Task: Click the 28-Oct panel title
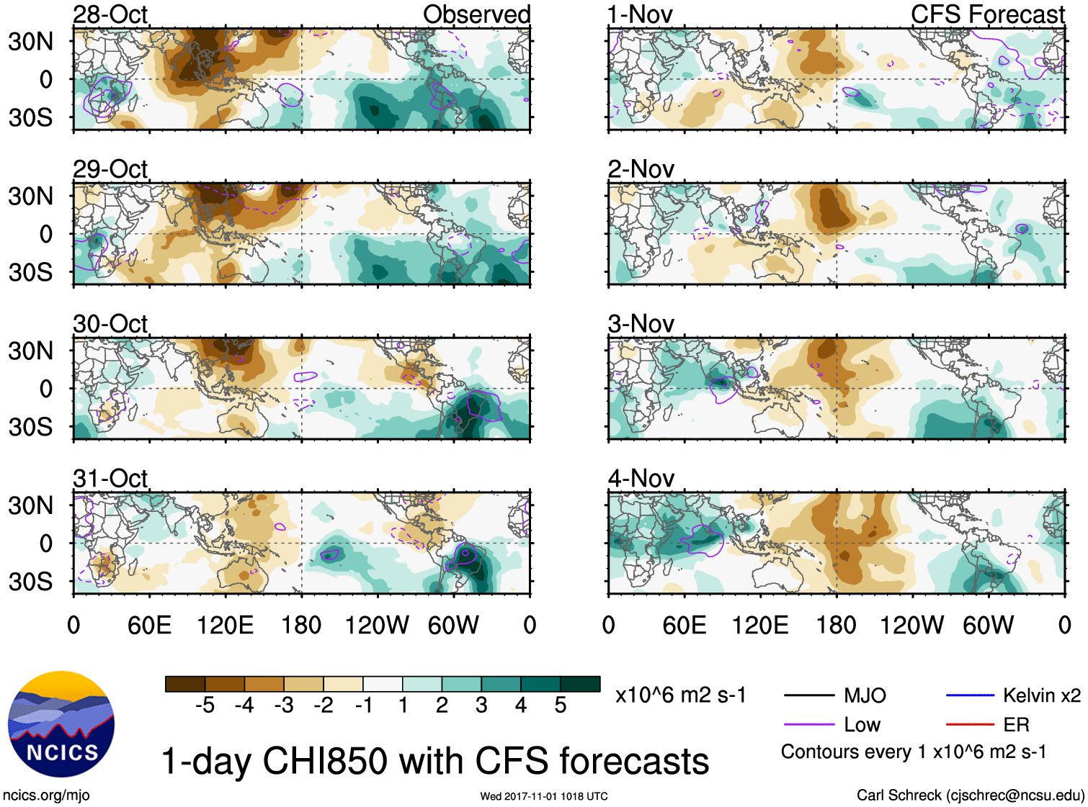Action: [x=110, y=14]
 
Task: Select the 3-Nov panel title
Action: [x=641, y=324]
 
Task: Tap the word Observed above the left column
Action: [x=476, y=14]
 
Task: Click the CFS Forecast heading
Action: [x=987, y=14]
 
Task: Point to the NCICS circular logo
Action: [x=61, y=724]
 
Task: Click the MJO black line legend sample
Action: [x=808, y=695]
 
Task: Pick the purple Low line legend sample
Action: [x=808, y=724]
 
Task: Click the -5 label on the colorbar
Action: [x=205, y=705]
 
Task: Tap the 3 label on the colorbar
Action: [x=481, y=705]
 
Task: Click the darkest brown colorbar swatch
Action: [x=185, y=684]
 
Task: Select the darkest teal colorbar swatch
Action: [x=580, y=684]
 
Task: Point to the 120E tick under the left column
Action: [x=226, y=625]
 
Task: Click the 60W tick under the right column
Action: [x=988, y=625]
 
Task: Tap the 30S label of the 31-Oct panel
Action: [x=30, y=582]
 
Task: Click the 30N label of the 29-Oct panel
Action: [x=30, y=196]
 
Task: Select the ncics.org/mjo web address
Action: [x=46, y=795]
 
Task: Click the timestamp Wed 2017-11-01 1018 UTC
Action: [x=544, y=796]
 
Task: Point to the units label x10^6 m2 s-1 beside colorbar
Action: [x=680, y=695]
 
